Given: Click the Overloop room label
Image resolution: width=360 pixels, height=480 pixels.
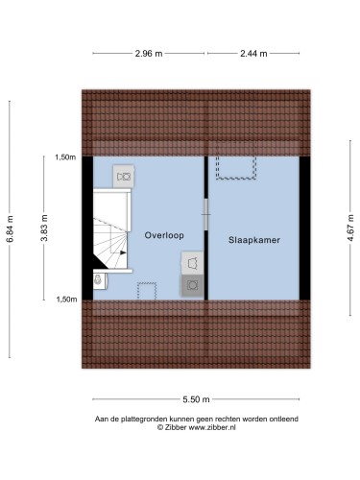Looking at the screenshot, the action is click(164, 235).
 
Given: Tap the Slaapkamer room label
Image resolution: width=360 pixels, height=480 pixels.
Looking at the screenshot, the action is click(254, 240).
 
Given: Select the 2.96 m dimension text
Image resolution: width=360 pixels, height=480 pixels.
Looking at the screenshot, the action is click(149, 54).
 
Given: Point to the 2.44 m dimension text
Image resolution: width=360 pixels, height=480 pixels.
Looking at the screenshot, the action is click(253, 54).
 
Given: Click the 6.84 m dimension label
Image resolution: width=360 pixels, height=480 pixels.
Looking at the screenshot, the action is click(11, 228).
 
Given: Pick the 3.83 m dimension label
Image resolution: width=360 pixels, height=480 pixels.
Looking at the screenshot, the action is click(44, 228).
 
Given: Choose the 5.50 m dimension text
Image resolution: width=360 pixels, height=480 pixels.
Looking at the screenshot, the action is click(196, 399).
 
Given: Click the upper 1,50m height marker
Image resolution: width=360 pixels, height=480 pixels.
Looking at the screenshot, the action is click(65, 157).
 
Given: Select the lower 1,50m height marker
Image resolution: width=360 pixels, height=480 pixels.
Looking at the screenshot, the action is click(66, 300).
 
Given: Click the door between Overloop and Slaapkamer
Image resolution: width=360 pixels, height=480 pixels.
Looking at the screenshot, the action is click(206, 214).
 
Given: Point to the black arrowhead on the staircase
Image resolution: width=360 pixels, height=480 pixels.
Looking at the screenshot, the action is click(123, 252).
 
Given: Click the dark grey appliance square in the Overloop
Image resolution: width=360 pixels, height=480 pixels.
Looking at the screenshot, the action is click(193, 285).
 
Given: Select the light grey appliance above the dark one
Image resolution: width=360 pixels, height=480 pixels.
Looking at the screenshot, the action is click(192, 263).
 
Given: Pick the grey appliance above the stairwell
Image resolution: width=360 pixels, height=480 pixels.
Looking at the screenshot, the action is click(124, 177).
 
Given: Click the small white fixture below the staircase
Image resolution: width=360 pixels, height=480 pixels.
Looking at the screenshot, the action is click(100, 280).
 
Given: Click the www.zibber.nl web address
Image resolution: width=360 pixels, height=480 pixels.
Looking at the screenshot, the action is click(212, 427).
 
